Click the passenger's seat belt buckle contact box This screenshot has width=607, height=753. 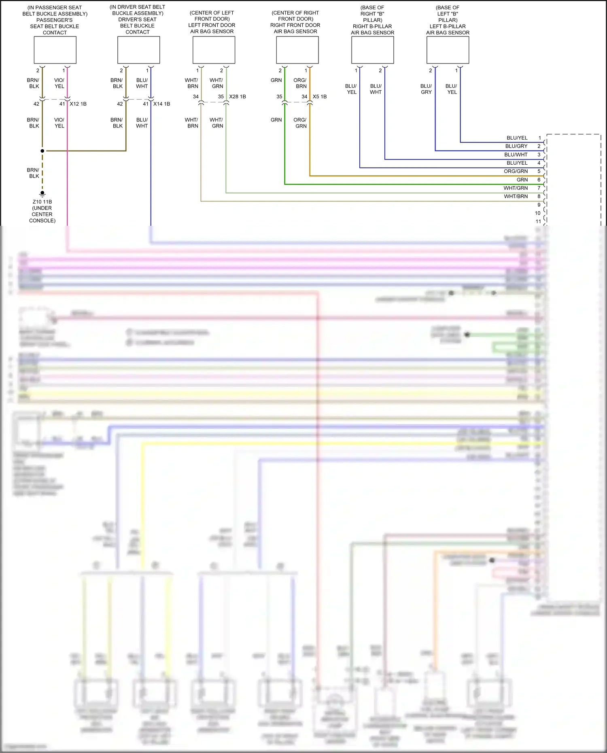pyautogui.click(x=55, y=50)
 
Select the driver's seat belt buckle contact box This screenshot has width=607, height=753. pyautogui.click(x=138, y=50)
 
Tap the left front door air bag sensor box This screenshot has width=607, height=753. pyautogui.click(x=214, y=50)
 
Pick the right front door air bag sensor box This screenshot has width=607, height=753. pyautogui.click(x=297, y=50)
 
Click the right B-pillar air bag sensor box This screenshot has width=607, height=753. pyautogui.click(x=373, y=50)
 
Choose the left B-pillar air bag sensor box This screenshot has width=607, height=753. pyautogui.click(x=448, y=50)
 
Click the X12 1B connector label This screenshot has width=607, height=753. pyautogui.click(x=78, y=104)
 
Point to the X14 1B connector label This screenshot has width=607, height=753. pyautogui.click(x=161, y=104)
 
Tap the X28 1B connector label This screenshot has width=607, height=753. pyautogui.click(x=238, y=97)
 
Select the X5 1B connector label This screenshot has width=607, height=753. pyautogui.click(x=320, y=97)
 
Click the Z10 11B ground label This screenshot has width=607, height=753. pyautogui.click(x=42, y=202)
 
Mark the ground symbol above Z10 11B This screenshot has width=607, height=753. pyautogui.click(x=42, y=193)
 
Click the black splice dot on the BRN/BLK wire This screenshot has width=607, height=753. pyautogui.click(x=42, y=151)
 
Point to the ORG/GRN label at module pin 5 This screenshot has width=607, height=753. pyautogui.click(x=516, y=171)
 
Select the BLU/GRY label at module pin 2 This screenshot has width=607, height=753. pyautogui.click(x=516, y=146)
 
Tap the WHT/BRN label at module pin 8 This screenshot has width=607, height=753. pyautogui.click(x=516, y=196)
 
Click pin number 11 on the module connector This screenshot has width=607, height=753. pyautogui.click(x=538, y=221)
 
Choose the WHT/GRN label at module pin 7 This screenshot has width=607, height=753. pyautogui.click(x=516, y=188)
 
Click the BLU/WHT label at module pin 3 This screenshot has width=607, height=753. pyautogui.click(x=516, y=155)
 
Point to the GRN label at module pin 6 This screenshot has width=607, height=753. pyautogui.click(x=522, y=180)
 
